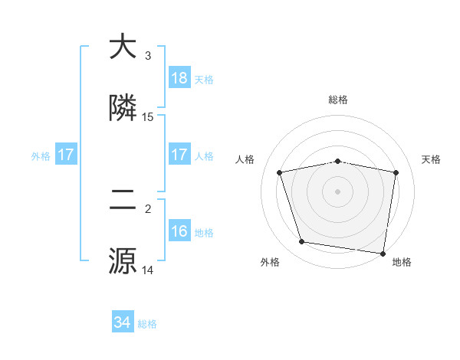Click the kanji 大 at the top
tap(123, 47)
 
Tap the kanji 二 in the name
tap(123, 201)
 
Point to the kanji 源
tap(123, 261)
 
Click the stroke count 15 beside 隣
tap(148, 117)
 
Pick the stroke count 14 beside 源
tap(148, 270)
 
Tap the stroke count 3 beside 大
tap(148, 56)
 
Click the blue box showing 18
tap(179, 78)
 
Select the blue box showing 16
tap(179, 231)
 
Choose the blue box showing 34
tap(123, 322)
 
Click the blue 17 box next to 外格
tap(65, 155)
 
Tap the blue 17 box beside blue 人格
tap(179, 155)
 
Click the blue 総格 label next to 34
tap(147, 324)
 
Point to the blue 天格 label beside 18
tap(203, 80)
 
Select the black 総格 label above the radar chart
tap(338, 100)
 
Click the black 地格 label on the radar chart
tap(402, 262)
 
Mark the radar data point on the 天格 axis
tap(396, 172)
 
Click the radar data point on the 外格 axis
tap(302, 242)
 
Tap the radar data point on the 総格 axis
tap(338, 161)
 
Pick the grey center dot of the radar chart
tap(338, 191)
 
